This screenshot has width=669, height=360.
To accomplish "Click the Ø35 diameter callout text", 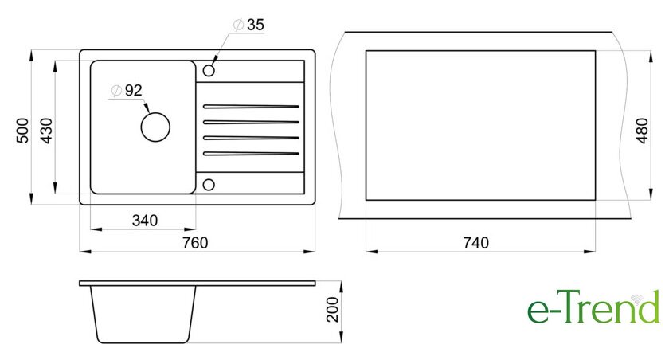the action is [248, 25].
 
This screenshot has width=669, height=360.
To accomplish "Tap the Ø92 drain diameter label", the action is [127, 91].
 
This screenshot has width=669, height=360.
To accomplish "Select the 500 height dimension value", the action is [22, 131].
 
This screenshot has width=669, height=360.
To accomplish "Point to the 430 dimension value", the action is [46, 131].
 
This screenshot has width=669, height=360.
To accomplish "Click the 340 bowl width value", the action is [145, 221].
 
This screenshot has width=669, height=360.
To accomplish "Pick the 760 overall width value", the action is [195, 243].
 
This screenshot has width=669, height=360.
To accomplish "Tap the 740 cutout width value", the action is [475, 243].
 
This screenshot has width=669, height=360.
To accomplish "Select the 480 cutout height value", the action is [642, 131].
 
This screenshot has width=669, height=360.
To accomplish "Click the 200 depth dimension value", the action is [332, 309].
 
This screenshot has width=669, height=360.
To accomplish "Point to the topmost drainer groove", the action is [251, 106].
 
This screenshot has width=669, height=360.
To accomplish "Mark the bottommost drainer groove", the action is [251, 154].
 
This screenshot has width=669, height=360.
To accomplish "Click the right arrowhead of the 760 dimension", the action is [309, 252].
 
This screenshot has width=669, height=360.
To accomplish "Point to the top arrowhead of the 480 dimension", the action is [651, 57].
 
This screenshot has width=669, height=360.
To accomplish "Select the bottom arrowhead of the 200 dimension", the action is [341, 338].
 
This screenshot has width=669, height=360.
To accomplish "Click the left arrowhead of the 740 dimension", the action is [372, 252].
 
